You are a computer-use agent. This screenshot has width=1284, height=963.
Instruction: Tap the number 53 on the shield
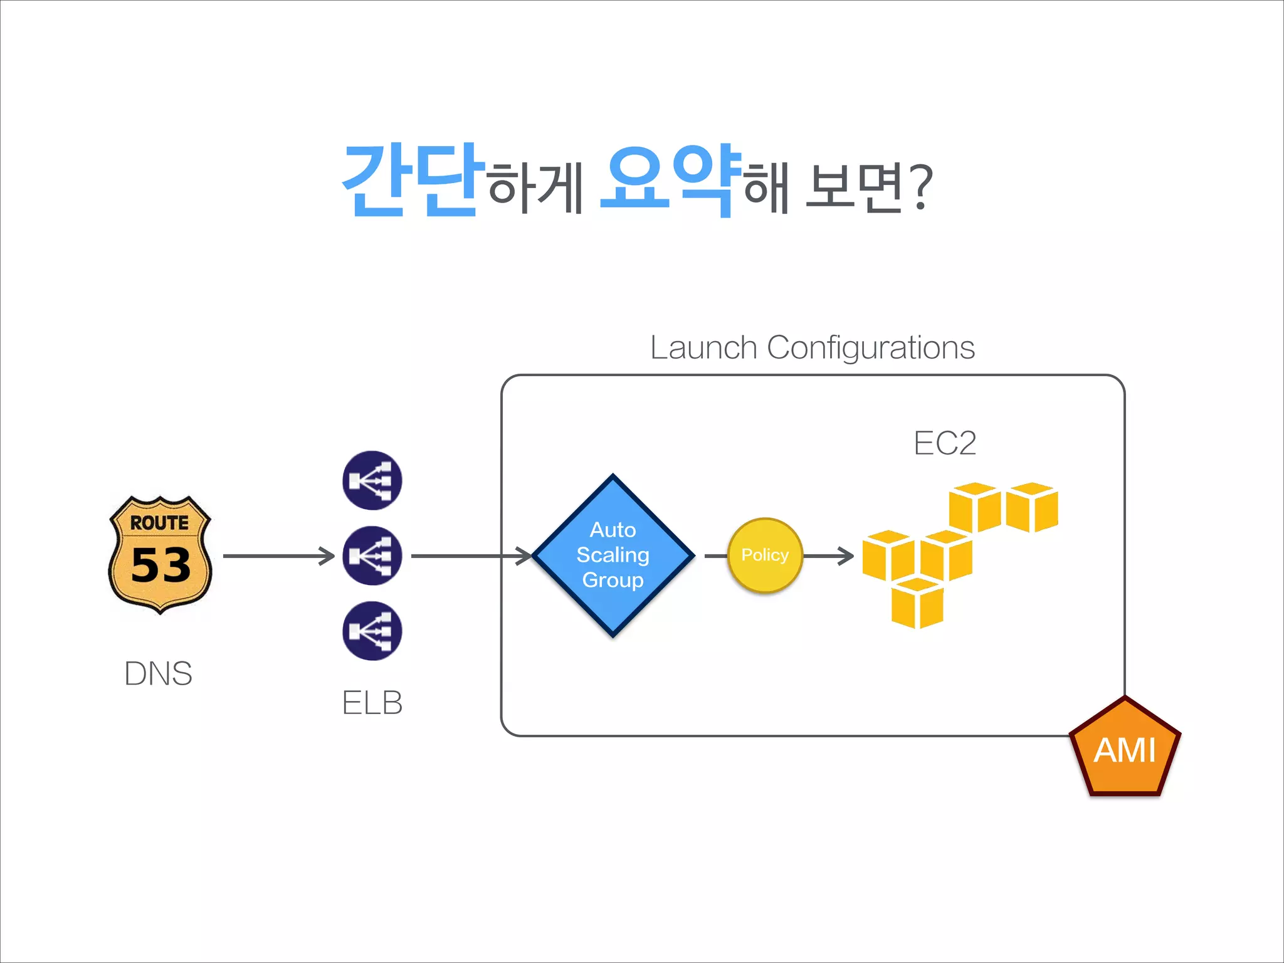[160, 565]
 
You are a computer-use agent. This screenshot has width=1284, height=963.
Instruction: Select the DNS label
[158, 674]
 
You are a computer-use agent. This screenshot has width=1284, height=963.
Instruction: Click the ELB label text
[372, 703]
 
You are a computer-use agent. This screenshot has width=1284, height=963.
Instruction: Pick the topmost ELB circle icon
[372, 481]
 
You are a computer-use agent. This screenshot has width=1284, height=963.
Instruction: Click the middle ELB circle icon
[372, 555]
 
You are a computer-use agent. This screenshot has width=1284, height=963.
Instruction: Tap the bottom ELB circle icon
[372, 631]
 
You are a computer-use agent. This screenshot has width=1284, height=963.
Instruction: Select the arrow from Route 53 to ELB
[278, 555]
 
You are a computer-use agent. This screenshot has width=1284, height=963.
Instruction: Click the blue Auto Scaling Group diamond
[613, 555]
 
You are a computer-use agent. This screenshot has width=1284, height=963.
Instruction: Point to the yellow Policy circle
[765, 555]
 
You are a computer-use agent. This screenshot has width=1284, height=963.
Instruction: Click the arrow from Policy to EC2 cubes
[829, 555]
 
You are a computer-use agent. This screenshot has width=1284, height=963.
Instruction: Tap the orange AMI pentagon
[1125, 750]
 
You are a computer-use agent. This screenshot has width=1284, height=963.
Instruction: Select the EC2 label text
[944, 443]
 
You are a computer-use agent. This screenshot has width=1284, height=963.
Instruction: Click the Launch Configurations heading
[813, 347]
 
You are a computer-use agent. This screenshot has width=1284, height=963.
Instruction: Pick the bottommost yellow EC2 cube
[917, 603]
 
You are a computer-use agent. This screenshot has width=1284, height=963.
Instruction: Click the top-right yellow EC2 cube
[1032, 507]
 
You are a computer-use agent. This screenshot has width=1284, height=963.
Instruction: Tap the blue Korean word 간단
[413, 181]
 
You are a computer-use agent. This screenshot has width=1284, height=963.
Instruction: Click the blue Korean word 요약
[670, 181]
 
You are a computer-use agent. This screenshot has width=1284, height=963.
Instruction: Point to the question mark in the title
[920, 188]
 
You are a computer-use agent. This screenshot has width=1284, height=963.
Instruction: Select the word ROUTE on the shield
[159, 523]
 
